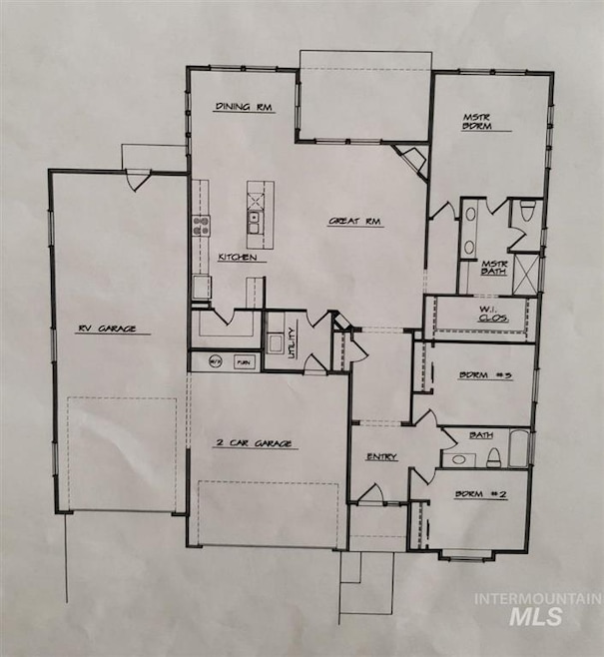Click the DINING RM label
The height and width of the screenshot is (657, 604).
[x=245, y=107]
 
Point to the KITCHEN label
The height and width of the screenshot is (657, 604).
[x=238, y=258]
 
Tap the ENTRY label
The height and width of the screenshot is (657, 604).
[x=381, y=457]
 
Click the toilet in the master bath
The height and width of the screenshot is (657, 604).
[x=529, y=212]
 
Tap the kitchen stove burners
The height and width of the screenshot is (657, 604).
[x=201, y=224]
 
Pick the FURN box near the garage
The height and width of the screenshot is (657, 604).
[x=244, y=360]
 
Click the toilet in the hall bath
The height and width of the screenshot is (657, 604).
[x=492, y=457]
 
